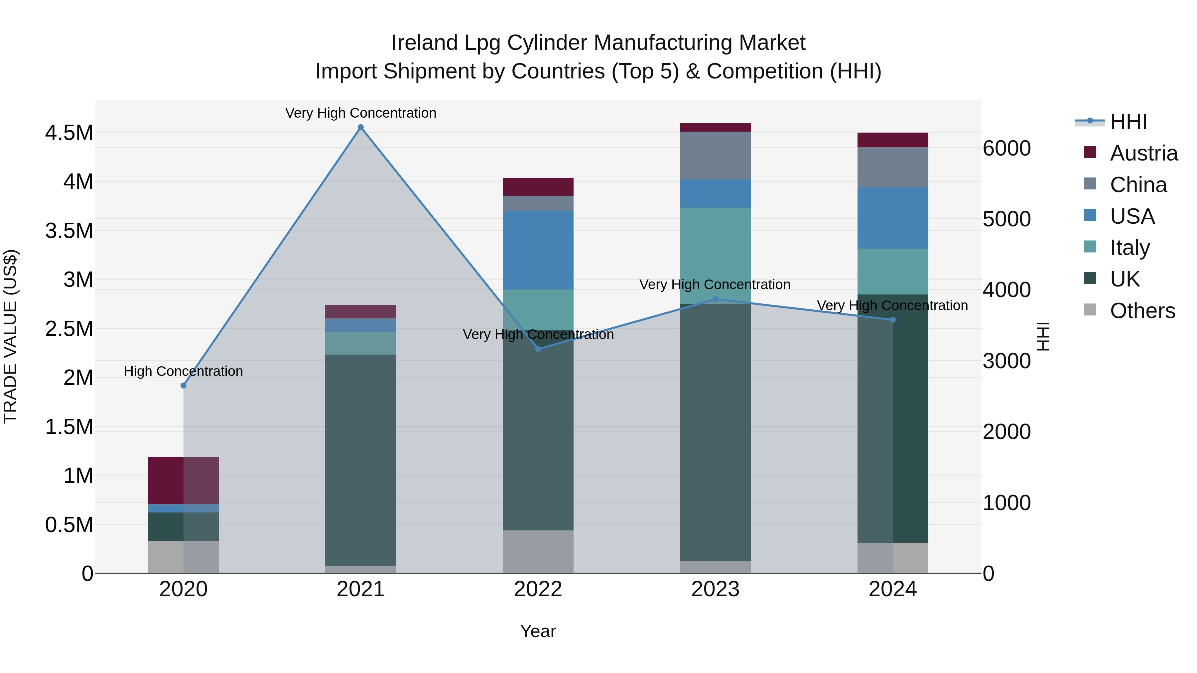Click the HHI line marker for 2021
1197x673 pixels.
pyautogui.click(x=360, y=127)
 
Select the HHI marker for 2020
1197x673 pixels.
pyautogui.click(x=184, y=386)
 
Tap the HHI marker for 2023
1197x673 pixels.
pyautogui.click(x=716, y=299)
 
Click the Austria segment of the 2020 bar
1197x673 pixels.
pyautogui.click(x=183, y=480)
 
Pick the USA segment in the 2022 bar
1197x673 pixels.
pyautogui.click(x=538, y=250)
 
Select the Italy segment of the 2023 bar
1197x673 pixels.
pyautogui.click(x=716, y=256)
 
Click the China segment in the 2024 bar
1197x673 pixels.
pyautogui.click(x=893, y=167)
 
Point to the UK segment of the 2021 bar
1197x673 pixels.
pyautogui.click(x=360, y=460)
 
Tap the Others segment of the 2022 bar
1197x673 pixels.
pyautogui.click(x=538, y=552)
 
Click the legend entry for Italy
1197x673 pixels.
pyautogui.click(x=1129, y=248)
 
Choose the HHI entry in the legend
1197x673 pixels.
pyautogui.click(x=1128, y=122)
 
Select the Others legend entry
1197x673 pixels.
pyautogui.click(x=1142, y=311)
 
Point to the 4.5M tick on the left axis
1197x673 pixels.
pyautogui.click(x=69, y=133)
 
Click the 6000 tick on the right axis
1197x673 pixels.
pyautogui.click(x=1007, y=149)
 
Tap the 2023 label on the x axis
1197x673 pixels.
pyautogui.click(x=716, y=589)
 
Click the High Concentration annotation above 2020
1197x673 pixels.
pyautogui.click(x=184, y=371)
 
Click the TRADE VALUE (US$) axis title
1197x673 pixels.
pyautogui.click(x=10, y=336)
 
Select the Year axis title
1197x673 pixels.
pyautogui.click(x=538, y=631)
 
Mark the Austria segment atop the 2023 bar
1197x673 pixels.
pyautogui.click(x=716, y=127)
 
